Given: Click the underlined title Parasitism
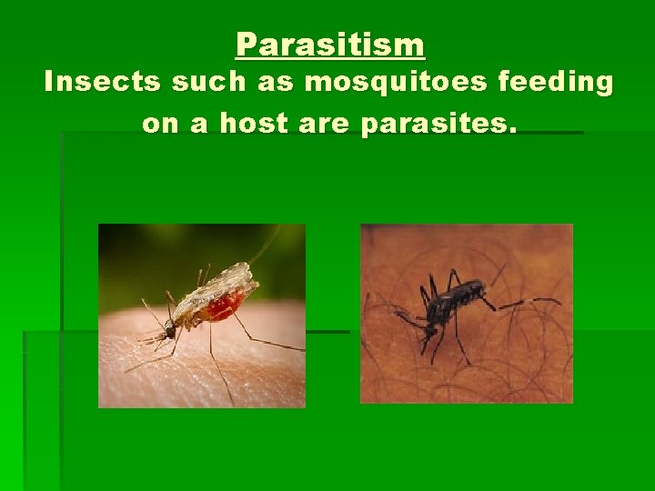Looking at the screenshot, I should coord(329,44).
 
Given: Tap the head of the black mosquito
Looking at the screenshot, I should coord(428,319).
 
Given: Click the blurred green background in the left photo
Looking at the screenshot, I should coord(146,255).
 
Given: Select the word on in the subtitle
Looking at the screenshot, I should coord(160,124).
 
